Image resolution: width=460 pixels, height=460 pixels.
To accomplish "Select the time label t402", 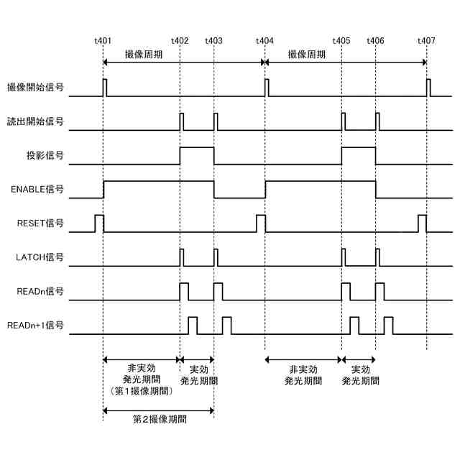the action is point(180,41).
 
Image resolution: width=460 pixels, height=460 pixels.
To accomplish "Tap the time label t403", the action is point(213,41).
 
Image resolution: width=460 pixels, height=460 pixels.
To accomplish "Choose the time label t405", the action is point(341,41).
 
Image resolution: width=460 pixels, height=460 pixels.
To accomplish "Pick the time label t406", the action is point(375,41).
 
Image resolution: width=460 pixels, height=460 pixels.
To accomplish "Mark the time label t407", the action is point(426,41).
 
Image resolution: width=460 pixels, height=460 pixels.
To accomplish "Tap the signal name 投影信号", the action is point(45,155).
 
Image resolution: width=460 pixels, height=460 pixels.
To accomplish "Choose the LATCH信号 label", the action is point(40,257).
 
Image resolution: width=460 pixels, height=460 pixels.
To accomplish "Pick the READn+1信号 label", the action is point(35,326).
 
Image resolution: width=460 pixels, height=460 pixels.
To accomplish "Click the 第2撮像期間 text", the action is point(160,418).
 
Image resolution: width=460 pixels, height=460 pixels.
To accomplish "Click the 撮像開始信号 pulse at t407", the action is point(428,88).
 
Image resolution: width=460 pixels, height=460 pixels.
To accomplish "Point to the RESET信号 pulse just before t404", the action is point(260,223).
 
